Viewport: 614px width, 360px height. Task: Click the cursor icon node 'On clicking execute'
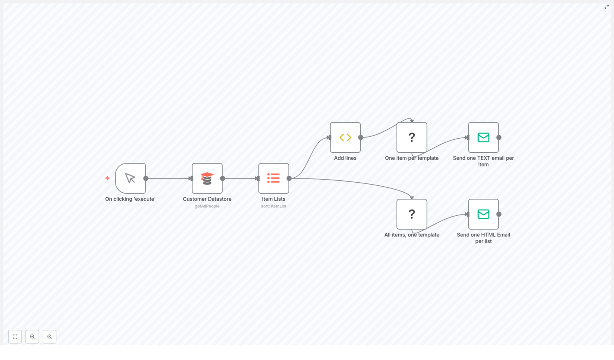tap(130, 178)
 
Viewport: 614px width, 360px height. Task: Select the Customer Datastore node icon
tap(207, 178)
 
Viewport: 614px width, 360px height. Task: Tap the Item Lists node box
tap(274, 178)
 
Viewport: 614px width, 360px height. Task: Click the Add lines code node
tap(345, 137)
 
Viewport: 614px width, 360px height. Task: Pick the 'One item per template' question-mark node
tap(412, 137)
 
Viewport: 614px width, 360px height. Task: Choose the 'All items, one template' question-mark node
tap(412, 214)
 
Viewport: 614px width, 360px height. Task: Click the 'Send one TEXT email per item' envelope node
tap(484, 137)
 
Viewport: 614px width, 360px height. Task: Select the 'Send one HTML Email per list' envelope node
tap(484, 214)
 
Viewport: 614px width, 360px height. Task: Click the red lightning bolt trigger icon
tap(107, 178)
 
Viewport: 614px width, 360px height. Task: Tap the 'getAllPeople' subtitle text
tap(207, 206)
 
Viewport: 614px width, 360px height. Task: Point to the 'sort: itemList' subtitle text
tap(274, 206)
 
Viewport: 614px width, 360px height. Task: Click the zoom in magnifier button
tap(32, 337)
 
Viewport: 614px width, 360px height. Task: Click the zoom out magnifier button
tap(50, 337)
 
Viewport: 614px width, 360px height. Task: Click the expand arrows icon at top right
tap(607, 7)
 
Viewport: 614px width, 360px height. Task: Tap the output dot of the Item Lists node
tap(289, 178)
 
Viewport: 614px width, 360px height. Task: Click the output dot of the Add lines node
tap(361, 137)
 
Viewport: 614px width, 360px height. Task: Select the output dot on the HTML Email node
tap(499, 214)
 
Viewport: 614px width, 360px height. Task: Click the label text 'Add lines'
tap(345, 158)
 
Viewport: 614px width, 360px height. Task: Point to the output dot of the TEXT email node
tap(499, 137)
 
